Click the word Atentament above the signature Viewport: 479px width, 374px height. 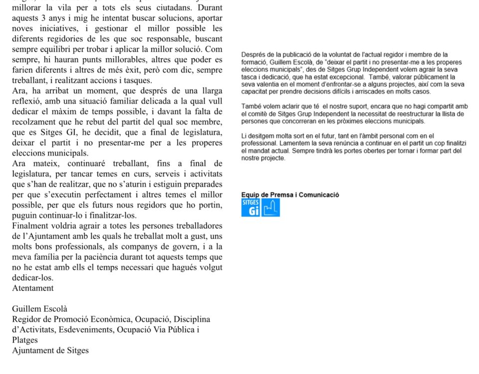(x=32, y=288)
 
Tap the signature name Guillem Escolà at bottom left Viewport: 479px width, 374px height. (x=39, y=309)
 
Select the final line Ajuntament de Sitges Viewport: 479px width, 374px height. (x=50, y=350)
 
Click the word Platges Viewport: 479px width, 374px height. (x=25, y=340)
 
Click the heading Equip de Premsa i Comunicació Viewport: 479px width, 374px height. (x=290, y=194)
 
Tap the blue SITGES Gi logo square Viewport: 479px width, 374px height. (x=250, y=207)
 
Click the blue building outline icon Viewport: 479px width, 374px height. (x=270, y=207)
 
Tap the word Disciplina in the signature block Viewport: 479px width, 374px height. (x=191, y=319)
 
